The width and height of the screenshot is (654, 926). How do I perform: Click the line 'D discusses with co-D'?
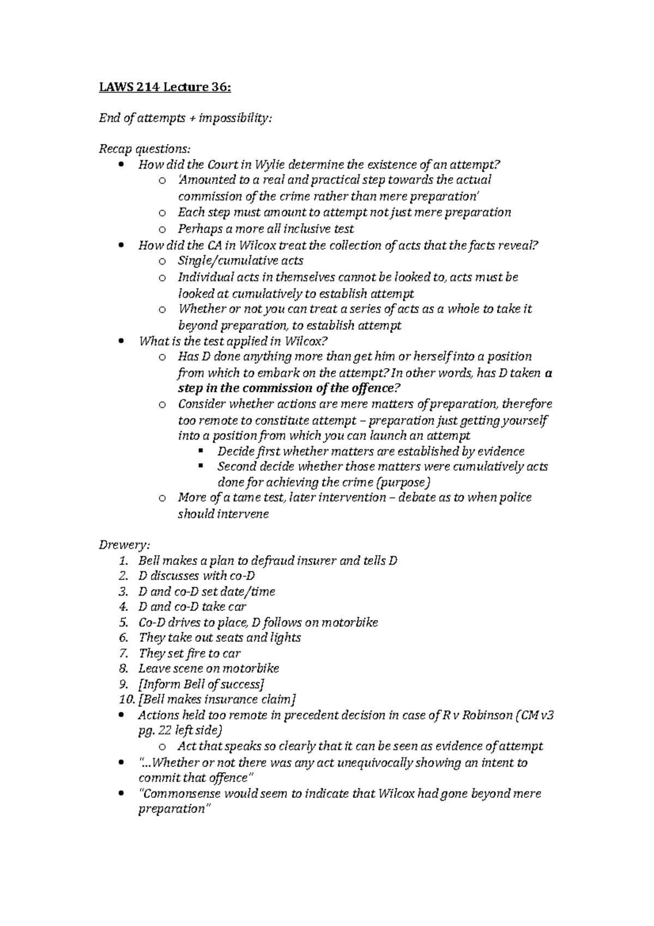(x=197, y=576)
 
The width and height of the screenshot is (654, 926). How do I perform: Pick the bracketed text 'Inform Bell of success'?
(x=201, y=684)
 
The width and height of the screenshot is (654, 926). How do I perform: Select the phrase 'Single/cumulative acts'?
(x=240, y=261)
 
